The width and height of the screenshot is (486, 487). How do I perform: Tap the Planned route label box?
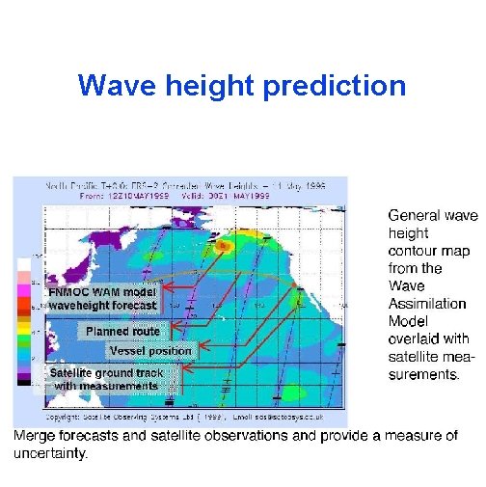point(122,331)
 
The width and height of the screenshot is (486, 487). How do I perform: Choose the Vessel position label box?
point(150,350)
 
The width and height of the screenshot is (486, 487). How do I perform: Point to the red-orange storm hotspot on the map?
point(224,246)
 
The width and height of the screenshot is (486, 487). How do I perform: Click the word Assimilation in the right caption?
point(427,304)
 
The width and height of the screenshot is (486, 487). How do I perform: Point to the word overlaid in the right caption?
point(413,338)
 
